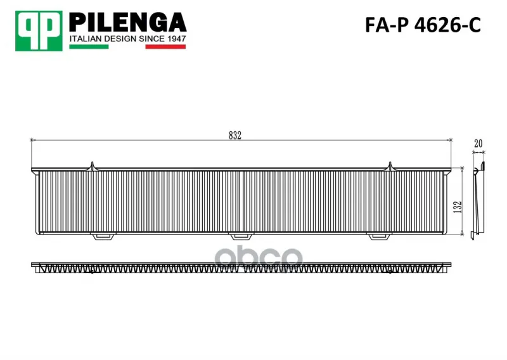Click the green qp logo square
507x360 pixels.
click(x=39, y=31)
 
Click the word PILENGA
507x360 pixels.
click(x=128, y=22)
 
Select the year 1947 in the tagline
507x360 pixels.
click(x=177, y=39)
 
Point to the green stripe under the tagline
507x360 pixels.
click(x=89, y=46)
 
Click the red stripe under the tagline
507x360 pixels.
click(x=165, y=46)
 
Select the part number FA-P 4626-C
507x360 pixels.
click(x=423, y=25)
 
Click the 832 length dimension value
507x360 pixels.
click(x=235, y=136)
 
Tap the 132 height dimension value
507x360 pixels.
click(x=458, y=207)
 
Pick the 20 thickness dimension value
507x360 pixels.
click(x=478, y=143)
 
